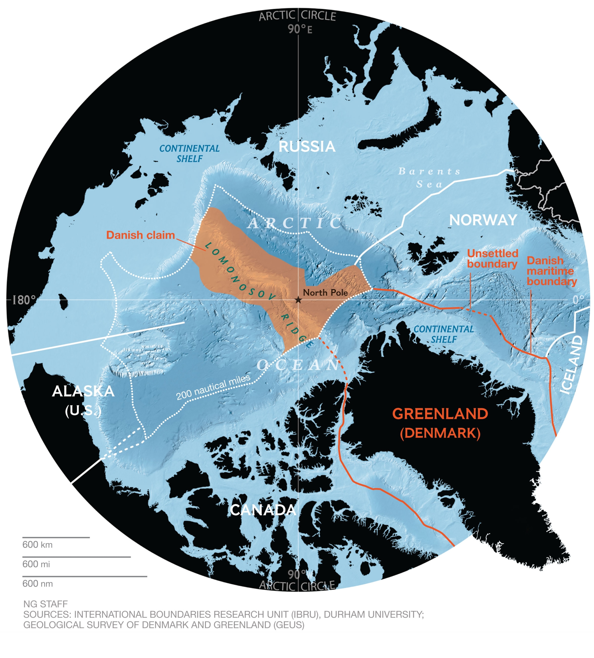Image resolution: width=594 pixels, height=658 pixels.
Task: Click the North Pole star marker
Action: click(x=298, y=300)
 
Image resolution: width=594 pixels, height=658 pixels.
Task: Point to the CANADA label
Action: click(x=263, y=510)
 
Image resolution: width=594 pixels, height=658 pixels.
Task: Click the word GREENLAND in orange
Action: click(x=440, y=414)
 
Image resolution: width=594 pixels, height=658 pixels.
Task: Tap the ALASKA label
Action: click(x=83, y=391)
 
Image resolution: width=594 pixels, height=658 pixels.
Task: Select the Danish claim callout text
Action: click(x=140, y=235)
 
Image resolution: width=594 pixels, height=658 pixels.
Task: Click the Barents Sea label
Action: click(x=429, y=178)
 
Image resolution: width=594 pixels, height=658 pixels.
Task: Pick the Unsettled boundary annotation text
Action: click(x=492, y=259)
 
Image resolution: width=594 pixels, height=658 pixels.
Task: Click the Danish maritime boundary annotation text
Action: click(x=552, y=271)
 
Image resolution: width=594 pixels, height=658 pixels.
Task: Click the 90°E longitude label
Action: click(x=300, y=29)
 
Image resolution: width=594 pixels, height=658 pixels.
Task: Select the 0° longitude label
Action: click(x=579, y=300)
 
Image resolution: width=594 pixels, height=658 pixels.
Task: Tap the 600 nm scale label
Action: click(x=37, y=584)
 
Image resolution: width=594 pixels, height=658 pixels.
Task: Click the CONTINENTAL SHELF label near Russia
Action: click(x=189, y=153)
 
